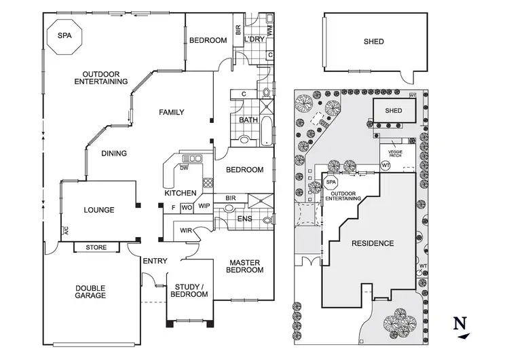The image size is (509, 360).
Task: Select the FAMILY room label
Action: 172,112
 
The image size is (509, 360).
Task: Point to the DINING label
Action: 114,154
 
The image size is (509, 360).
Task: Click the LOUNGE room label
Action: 98,210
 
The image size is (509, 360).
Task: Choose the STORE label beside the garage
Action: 96,247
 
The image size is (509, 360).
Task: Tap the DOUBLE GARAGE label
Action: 90,291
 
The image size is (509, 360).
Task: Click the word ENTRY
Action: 155,262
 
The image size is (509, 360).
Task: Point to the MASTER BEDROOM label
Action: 246,266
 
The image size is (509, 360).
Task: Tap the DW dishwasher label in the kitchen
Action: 184,168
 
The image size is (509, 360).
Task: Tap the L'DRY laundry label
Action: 254,40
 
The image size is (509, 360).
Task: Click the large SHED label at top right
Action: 373,42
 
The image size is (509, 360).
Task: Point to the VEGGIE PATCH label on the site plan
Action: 395,154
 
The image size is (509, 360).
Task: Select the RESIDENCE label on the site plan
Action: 372,243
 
